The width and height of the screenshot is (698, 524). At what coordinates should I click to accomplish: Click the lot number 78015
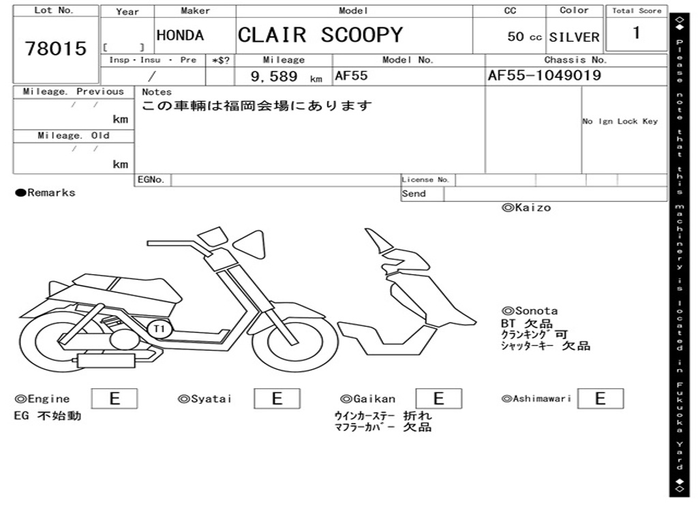56,49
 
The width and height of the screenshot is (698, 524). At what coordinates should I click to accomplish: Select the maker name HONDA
180,35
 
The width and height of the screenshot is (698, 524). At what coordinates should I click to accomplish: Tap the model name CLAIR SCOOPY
320,35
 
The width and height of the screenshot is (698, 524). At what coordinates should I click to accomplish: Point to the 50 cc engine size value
524,37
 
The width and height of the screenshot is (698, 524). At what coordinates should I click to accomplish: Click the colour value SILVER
574,37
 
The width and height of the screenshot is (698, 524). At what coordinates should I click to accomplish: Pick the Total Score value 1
636,33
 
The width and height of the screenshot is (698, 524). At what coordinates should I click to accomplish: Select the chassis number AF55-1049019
545,76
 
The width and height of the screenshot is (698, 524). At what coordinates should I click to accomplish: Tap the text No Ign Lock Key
620,121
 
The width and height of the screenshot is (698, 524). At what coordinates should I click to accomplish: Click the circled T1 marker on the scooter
160,329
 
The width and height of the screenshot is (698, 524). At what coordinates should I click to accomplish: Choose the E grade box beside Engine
115,398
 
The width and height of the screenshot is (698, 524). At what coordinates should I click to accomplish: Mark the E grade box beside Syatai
277,398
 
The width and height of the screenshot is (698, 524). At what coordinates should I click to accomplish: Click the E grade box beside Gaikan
438,398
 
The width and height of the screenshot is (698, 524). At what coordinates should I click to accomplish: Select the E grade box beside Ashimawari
600,398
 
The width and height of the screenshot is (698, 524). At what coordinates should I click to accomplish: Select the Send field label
414,194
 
